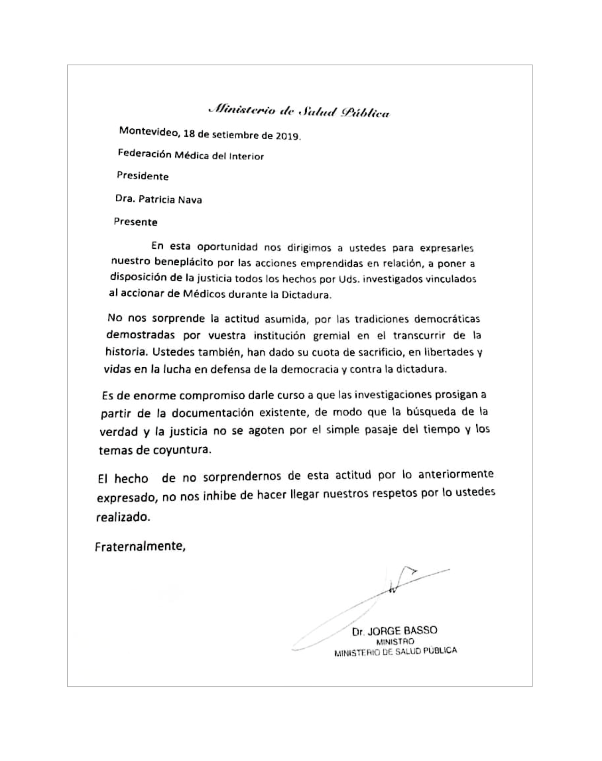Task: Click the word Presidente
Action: pyautogui.click(x=142, y=176)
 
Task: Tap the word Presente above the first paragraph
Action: pyautogui.click(x=136, y=222)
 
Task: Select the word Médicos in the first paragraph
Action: pyautogui.click(x=204, y=295)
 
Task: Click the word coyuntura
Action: pyautogui.click(x=182, y=450)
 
